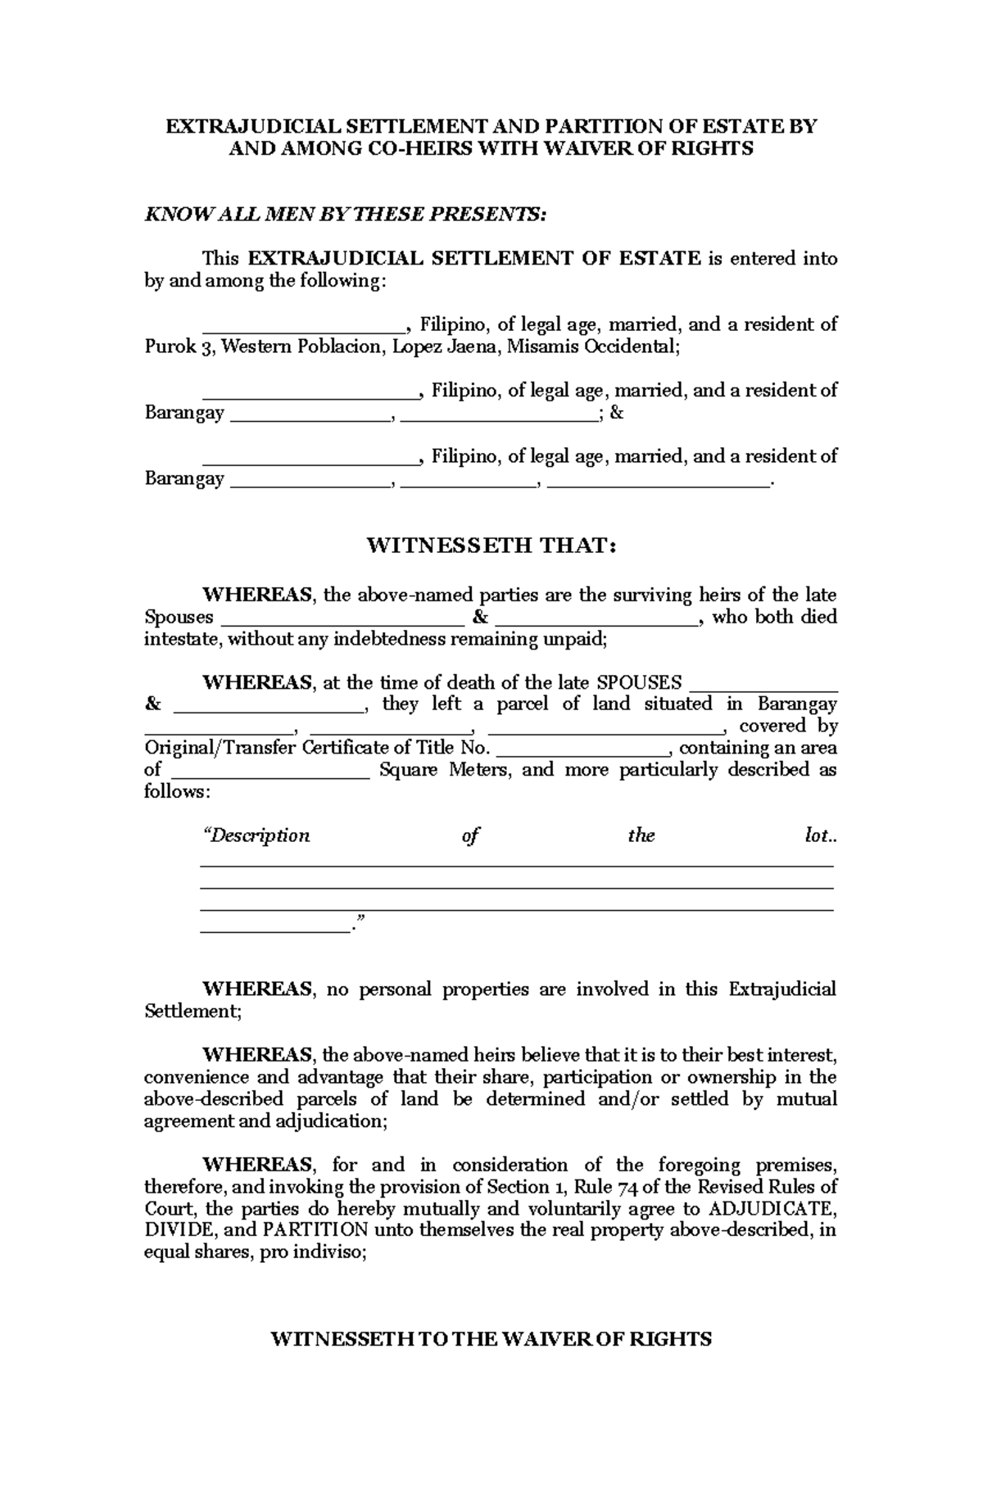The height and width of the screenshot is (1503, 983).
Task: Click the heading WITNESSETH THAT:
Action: click(x=491, y=546)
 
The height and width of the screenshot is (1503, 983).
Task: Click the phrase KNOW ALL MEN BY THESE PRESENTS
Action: click(x=344, y=215)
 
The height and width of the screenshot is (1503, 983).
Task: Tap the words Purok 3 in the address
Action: click(x=170, y=346)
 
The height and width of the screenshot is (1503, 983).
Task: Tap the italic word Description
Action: click(x=256, y=836)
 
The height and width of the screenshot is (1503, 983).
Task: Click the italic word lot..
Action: click(x=818, y=836)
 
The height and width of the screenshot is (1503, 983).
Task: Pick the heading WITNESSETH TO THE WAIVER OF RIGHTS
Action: click(x=491, y=1339)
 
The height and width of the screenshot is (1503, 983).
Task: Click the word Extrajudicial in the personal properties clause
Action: click(x=781, y=989)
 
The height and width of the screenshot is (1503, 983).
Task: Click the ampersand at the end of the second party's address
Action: click(x=617, y=413)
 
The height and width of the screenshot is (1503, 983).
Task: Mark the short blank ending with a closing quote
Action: click(x=274, y=930)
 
